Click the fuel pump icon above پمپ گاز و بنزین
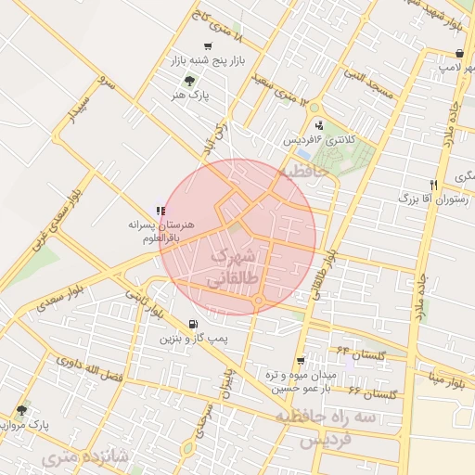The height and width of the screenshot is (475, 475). click(192, 325)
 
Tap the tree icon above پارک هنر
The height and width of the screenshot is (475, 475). click(190, 81)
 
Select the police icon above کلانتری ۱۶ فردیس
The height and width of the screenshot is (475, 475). click(320, 125)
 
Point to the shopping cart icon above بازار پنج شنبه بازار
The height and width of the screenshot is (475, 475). click(207, 47)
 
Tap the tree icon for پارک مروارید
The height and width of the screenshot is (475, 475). click(21, 410)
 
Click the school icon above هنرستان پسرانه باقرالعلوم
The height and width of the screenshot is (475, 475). click(160, 211)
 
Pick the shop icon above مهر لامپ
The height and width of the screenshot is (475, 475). click(434, 54)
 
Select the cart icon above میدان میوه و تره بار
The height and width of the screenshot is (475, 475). click(300, 360)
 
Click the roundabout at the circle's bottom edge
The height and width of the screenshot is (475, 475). click(259, 302)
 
